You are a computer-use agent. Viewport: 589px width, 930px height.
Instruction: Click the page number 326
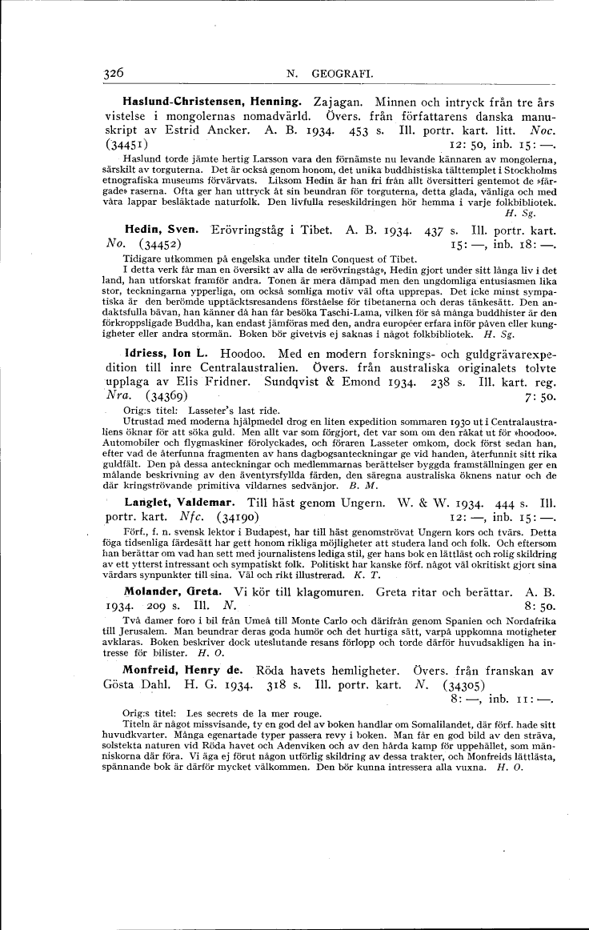pyautogui.click(x=114, y=73)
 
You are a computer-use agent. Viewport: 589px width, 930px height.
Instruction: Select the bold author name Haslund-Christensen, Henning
pyautogui.click(x=211, y=103)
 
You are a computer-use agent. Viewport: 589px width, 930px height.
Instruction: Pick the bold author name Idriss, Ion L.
pyautogui.click(x=165, y=353)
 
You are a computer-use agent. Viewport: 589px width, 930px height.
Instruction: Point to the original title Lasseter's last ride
pyautogui.click(x=221, y=410)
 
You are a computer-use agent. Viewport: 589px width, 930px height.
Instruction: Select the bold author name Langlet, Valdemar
pyautogui.click(x=178, y=503)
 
